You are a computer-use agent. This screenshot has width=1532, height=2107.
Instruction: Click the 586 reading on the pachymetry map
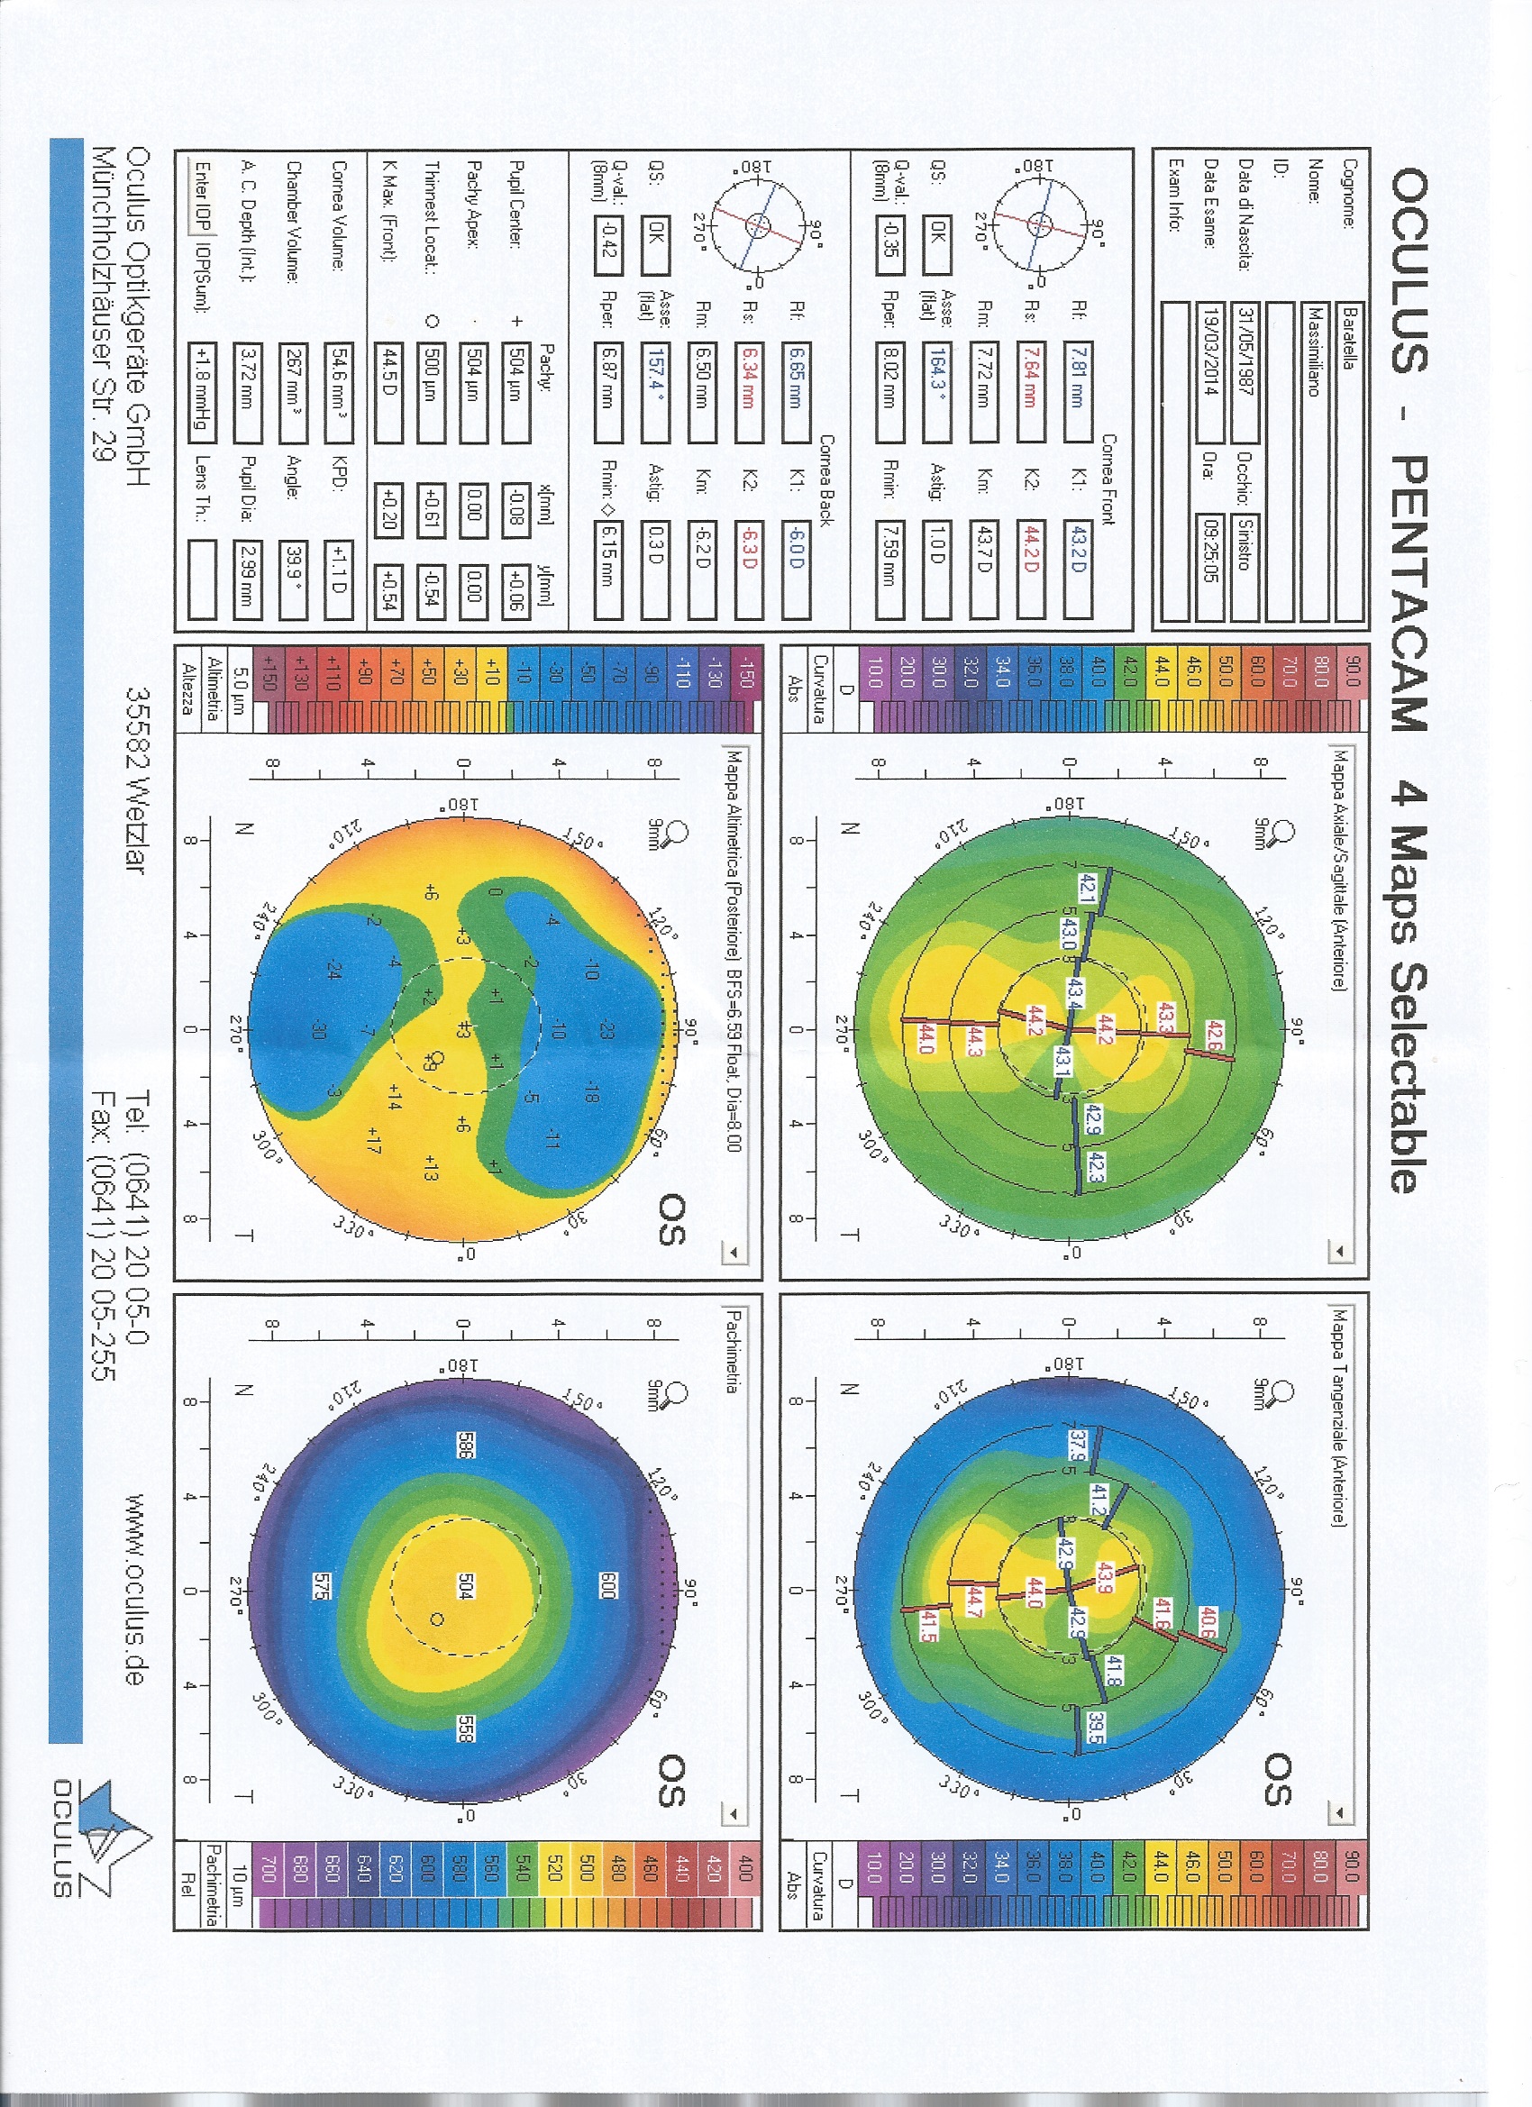pyautogui.click(x=465, y=1445)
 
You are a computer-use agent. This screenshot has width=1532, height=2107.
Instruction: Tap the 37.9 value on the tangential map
pyautogui.click(x=1078, y=1444)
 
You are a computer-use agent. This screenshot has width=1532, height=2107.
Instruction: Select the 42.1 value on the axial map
pyautogui.click(x=1086, y=886)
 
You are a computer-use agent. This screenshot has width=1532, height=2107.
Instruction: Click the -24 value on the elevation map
pyautogui.click(x=334, y=970)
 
